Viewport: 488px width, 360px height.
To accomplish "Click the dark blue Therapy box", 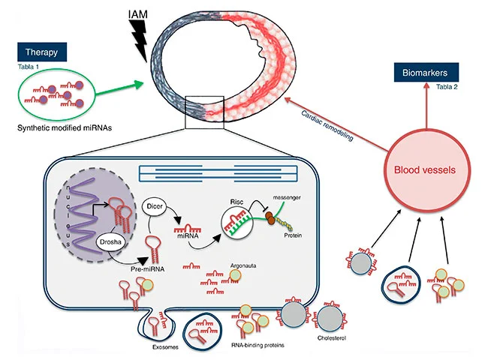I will (43, 53).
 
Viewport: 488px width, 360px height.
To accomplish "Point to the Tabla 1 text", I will (29, 67).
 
